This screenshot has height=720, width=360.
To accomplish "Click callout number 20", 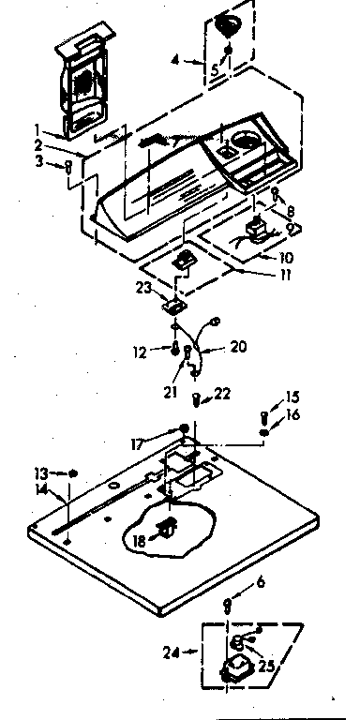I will coord(237,346).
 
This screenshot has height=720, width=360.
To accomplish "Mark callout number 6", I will coord(262,582).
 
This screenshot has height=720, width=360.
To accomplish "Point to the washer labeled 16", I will coord(265,433).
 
